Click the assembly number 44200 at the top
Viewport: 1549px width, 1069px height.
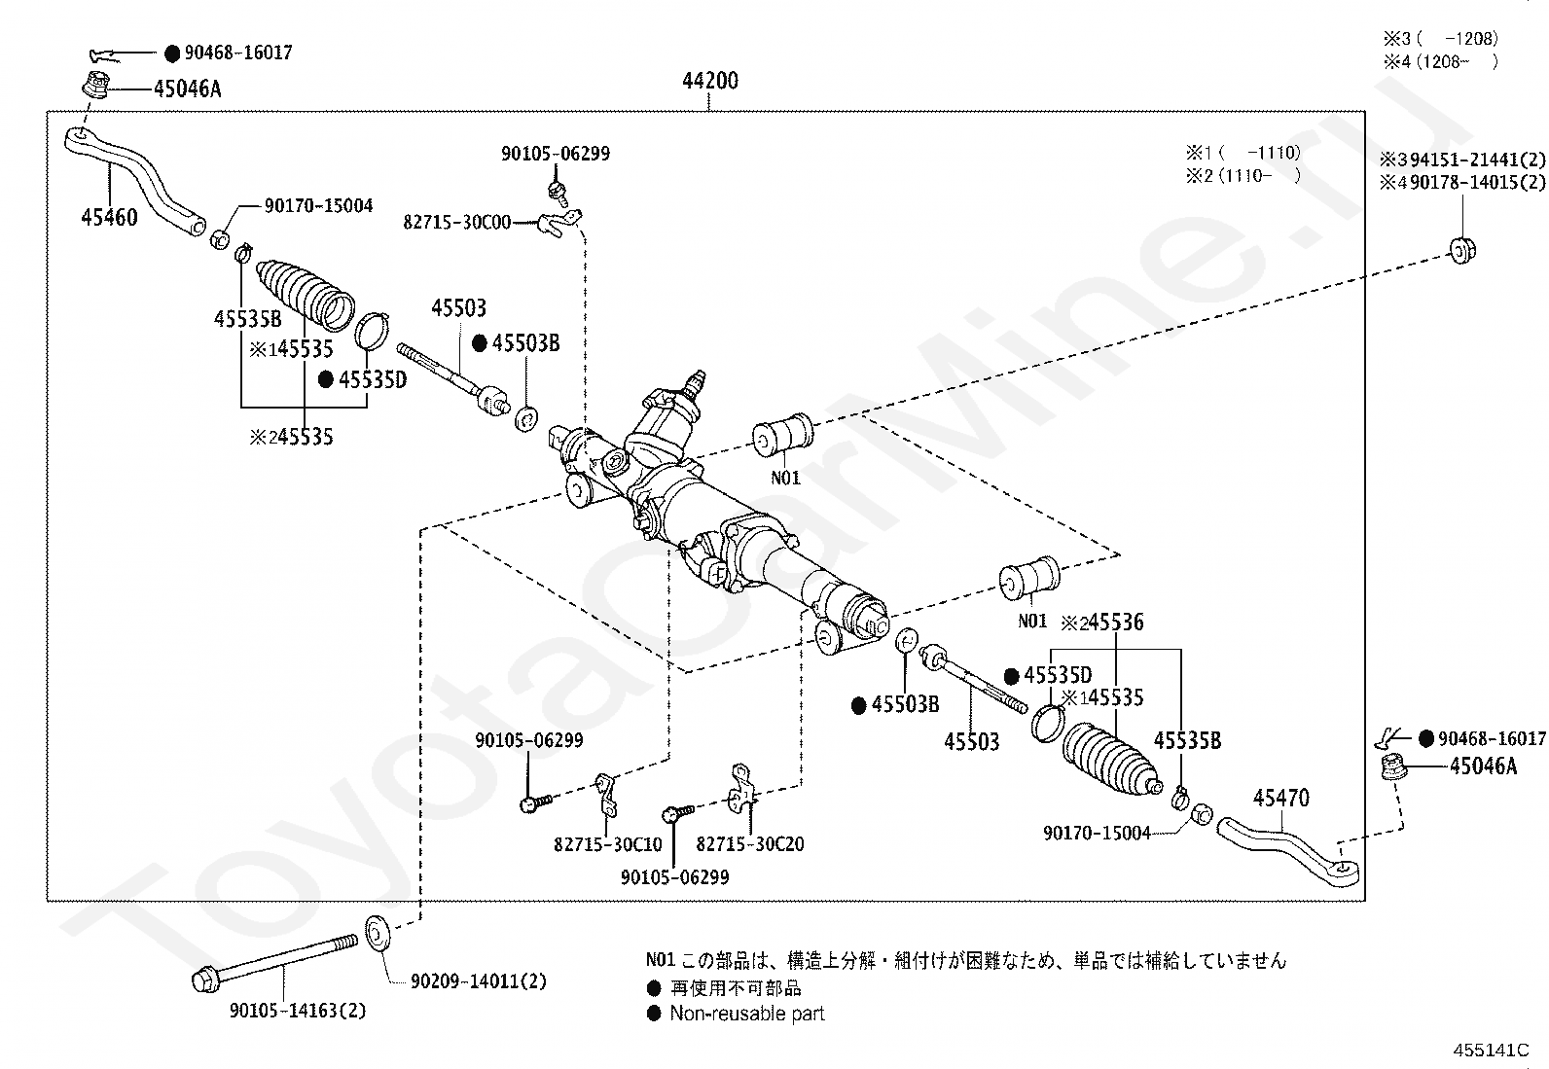710,81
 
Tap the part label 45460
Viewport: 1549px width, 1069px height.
109,217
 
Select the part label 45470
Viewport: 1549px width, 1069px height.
1281,798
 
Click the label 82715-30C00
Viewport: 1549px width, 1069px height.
457,223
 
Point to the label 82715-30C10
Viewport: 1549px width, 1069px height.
608,844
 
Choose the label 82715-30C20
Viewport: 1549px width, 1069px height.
750,843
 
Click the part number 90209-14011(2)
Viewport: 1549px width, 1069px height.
479,981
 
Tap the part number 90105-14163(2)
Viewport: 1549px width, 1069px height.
298,1011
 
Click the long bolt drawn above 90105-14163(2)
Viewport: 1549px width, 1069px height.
274,963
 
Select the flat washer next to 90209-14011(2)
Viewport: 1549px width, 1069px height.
377,934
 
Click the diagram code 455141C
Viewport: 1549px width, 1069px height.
1491,1051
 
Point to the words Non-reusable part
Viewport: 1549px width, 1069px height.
747,1014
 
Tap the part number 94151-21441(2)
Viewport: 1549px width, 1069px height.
1478,160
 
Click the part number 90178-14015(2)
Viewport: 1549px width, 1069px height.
1478,183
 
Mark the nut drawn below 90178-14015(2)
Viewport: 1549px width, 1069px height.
1461,250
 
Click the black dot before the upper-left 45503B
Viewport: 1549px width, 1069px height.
480,343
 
